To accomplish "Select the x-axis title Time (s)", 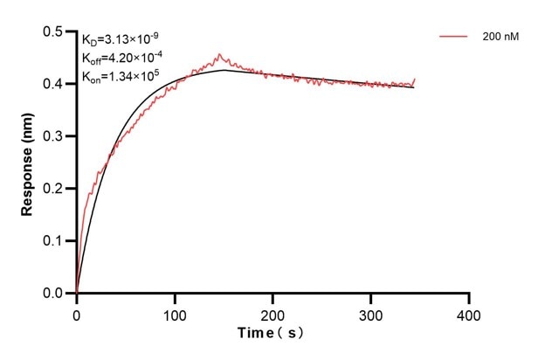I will click(x=272, y=333).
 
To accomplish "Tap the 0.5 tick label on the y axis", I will click(x=53, y=32).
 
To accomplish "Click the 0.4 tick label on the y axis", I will click(x=53, y=84).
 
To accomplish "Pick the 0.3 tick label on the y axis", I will click(x=53, y=136).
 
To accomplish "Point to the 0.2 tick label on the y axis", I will click(x=53, y=189).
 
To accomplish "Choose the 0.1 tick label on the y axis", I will click(x=53, y=241).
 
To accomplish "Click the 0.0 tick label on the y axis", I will click(x=53, y=294).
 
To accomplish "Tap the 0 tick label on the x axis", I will click(x=77, y=313).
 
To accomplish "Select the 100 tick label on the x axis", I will click(x=175, y=313).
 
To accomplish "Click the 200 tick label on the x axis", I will click(x=273, y=313).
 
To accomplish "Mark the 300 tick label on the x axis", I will click(x=371, y=313).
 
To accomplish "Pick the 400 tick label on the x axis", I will click(x=470, y=313).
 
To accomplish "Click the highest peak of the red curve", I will click(x=218, y=54).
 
